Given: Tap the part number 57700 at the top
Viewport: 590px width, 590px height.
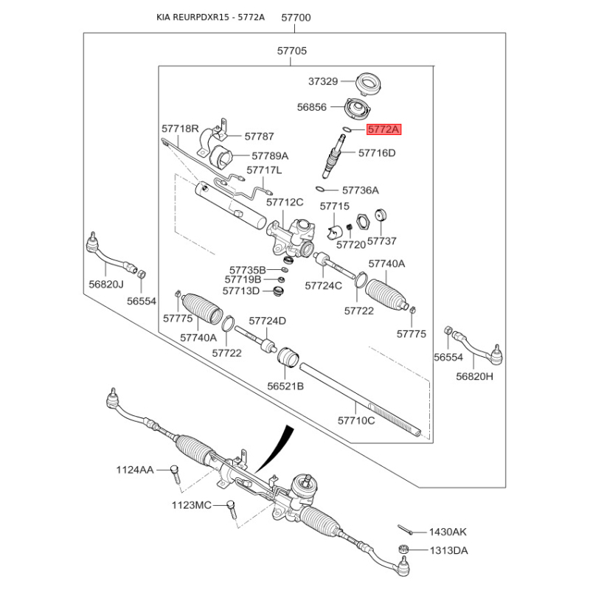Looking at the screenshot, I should click(x=294, y=17).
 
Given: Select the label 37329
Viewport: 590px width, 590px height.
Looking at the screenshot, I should click(x=323, y=81).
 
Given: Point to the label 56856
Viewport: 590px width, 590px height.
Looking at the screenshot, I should click(x=312, y=107).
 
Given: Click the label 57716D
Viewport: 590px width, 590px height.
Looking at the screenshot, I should click(x=377, y=153).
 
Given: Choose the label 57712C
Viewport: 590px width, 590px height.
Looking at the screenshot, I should click(x=285, y=202).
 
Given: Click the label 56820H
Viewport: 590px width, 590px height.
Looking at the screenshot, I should click(x=474, y=375).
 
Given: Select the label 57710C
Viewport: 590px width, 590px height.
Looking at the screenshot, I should click(x=357, y=420).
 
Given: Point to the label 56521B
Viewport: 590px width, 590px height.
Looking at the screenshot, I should click(x=285, y=386).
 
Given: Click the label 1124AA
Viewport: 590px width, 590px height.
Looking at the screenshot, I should click(x=135, y=470).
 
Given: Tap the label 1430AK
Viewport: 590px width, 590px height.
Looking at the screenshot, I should click(x=449, y=532).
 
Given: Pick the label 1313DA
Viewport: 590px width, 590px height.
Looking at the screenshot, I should click(x=449, y=550).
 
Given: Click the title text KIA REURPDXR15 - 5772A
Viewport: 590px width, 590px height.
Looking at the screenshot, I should click(x=209, y=17).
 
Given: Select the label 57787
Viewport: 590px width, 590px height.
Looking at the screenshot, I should click(x=259, y=136).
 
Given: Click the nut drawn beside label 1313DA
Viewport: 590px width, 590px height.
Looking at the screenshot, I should click(x=403, y=549).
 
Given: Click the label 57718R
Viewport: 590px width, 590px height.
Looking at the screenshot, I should click(x=181, y=128).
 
